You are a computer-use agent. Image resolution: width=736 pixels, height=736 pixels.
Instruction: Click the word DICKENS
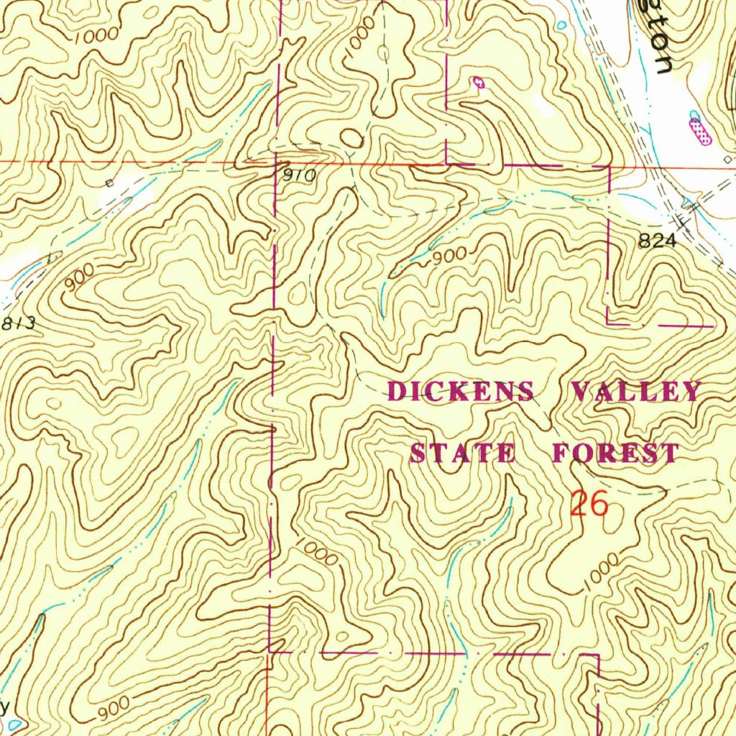point(461,392)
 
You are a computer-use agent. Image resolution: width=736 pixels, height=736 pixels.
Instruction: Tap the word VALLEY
point(635,392)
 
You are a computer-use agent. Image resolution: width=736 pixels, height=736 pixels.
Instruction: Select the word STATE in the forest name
point(462,454)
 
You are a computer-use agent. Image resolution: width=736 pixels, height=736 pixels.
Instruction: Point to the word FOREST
point(615,454)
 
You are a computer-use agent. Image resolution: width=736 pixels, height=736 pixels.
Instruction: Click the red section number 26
point(589,504)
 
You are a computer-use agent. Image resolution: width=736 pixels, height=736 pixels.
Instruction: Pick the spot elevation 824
point(657,242)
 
